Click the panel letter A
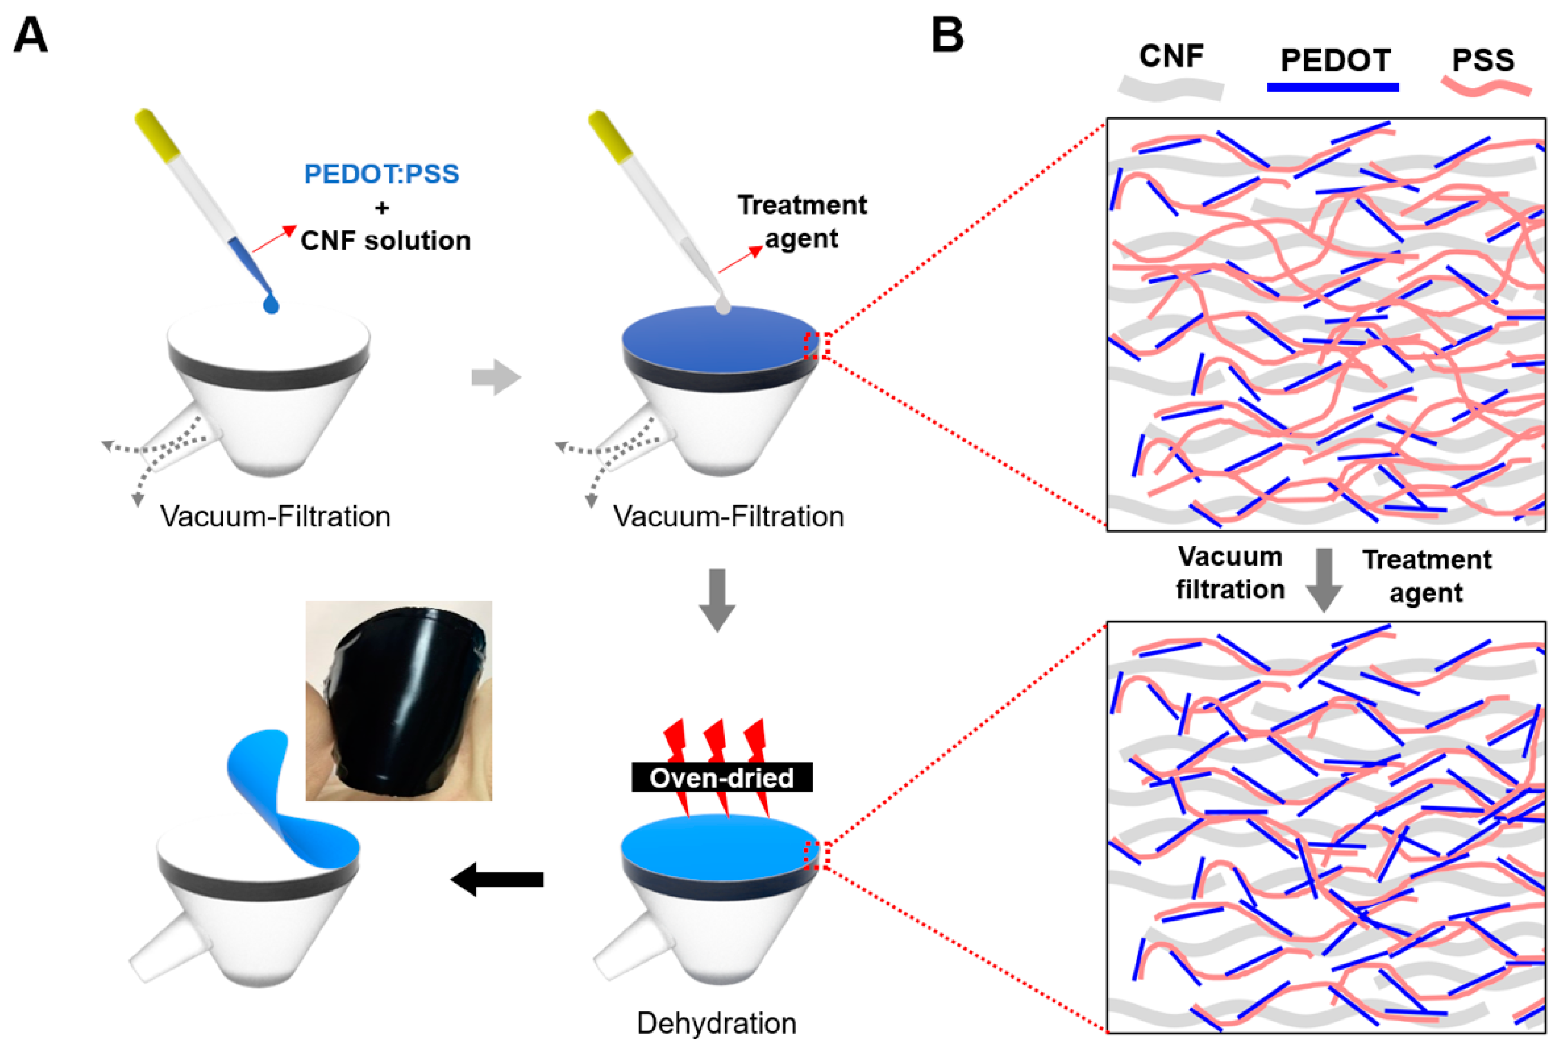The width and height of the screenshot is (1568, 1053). click(30, 35)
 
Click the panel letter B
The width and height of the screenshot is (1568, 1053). click(947, 35)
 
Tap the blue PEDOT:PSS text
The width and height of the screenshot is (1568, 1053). click(381, 174)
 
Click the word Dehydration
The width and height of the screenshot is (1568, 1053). click(717, 1023)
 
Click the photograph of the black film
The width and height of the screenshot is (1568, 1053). click(399, 700)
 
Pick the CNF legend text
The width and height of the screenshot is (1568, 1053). click(1171, 56)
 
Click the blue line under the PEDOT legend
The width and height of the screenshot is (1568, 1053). click(1332, 87)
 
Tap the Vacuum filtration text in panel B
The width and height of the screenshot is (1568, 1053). click(1230, 573)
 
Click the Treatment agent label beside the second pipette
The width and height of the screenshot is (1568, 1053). click(802, 222)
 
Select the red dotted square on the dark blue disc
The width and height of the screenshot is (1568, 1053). click(817, 346)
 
